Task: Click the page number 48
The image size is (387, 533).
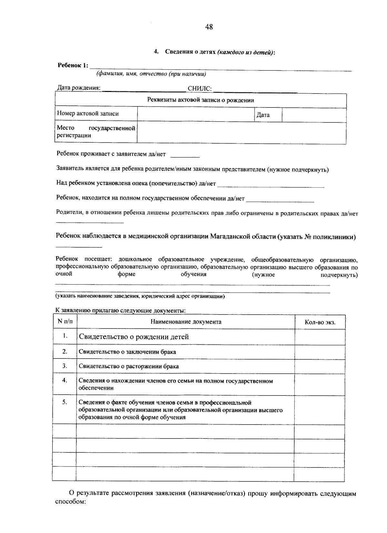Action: [x=209, y=27]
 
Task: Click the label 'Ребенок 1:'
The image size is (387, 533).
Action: [x=73, y=65]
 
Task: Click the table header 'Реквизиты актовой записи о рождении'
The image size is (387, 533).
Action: [x=200, y=100]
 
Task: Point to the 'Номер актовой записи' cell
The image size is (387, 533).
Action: [x=88, y=114]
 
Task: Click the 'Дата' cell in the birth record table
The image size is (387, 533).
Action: [x=263, y=115]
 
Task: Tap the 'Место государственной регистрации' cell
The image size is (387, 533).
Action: [x=96, y=132]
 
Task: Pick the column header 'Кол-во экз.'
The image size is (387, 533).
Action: [x=320, y=322]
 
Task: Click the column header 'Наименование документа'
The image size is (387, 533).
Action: [x=186, y=322]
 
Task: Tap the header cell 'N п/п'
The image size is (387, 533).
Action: [x=65, y=321]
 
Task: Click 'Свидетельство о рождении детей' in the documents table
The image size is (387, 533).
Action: [x=134, y=337]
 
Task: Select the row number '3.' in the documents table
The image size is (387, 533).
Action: [x=65, y=366]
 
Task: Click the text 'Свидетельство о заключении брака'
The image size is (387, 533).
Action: [x=127, y=352]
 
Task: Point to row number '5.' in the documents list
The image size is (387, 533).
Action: [x=65, y=402]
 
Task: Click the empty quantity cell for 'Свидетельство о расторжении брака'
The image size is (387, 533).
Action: [x=320, y=367]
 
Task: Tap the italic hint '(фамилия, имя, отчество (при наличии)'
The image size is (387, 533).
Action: [x=151, y=74]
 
